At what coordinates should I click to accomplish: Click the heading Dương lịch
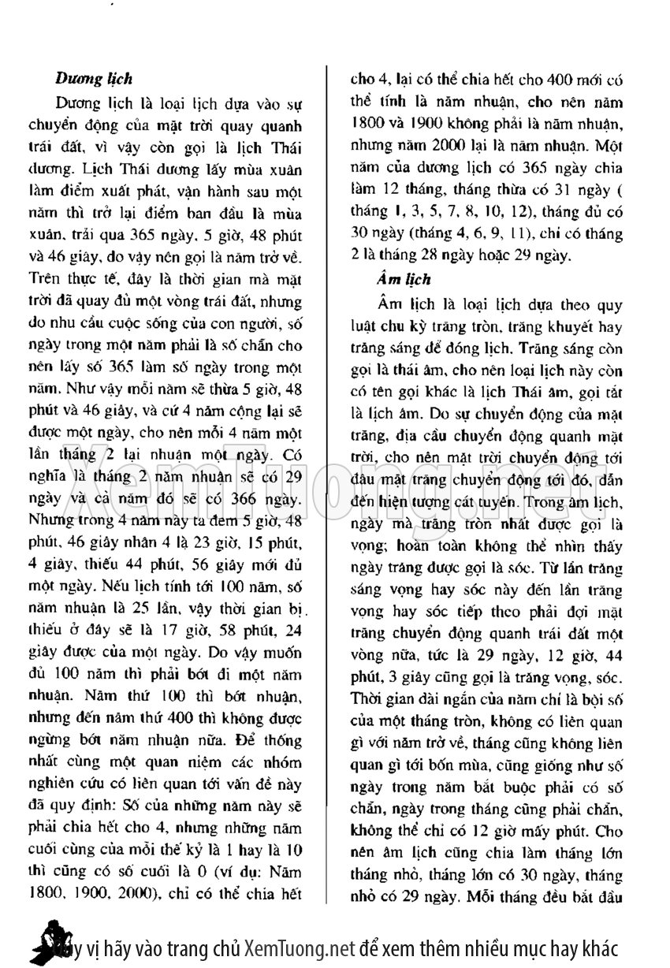[93, 79]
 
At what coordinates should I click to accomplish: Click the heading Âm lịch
[404, 279]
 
